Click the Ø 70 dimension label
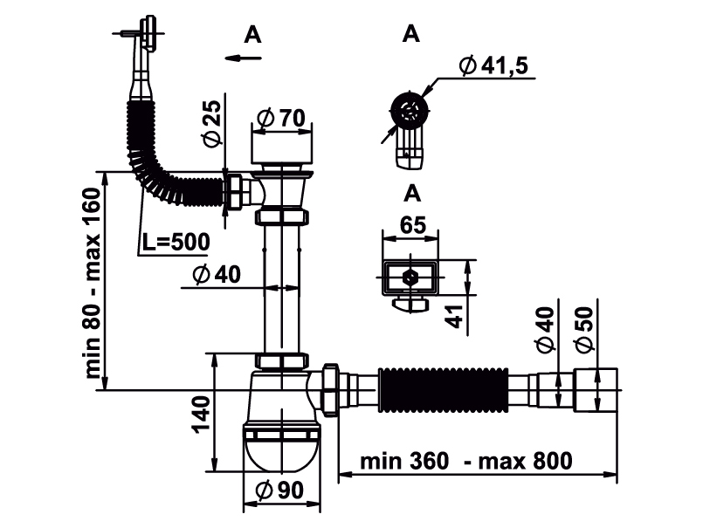click(281, 118)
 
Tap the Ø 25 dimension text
click(212, 123)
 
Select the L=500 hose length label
click(176, 242)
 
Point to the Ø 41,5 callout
click(493, 65)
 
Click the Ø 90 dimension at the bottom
click(279, 490)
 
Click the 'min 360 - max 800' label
click(466, 461)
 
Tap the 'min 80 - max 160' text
click(93, 284)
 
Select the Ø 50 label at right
click(584, 330)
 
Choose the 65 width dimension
click(412, 225)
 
